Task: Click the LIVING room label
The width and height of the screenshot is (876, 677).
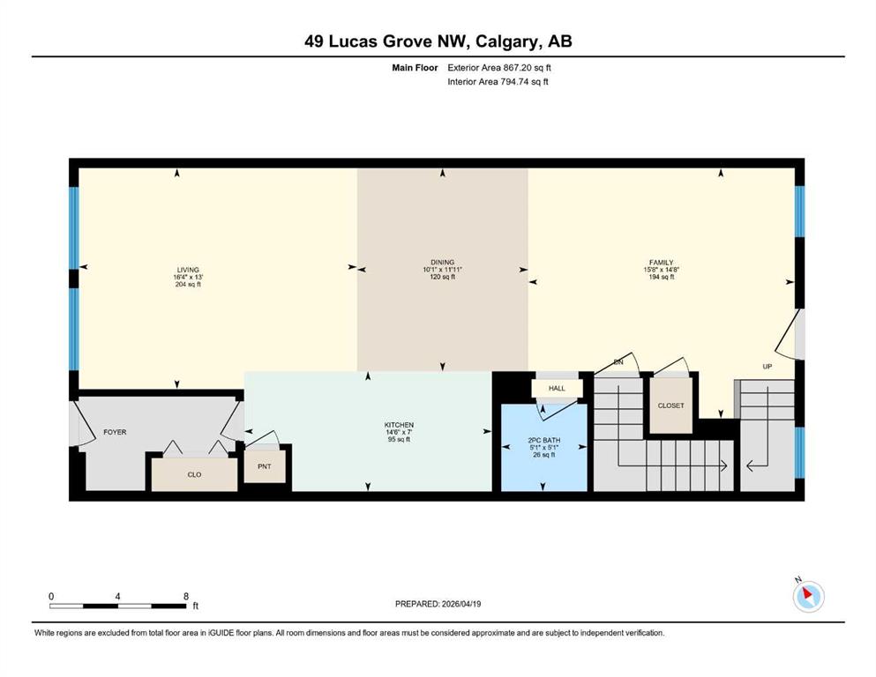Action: click(x=188, y=270)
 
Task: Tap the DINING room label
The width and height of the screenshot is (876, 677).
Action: click(x=443, y=263)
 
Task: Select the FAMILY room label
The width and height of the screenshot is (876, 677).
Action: click(x=662, y=263)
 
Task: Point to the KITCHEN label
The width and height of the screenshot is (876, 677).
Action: click(x=400, y=425)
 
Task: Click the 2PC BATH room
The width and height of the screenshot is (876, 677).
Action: click(x=544, y=448)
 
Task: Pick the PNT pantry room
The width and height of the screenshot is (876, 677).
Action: click(x=265, y=466)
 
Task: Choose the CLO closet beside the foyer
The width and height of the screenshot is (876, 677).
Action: click(x=194, y=474)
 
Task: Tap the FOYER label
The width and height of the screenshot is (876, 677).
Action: click(x=115, y=432)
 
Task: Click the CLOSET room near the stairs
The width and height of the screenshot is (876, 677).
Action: click(x=671, y=405)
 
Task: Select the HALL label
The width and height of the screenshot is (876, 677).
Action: click(x=557, y=389)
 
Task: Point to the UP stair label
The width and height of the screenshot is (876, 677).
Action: click(x=767, y=367)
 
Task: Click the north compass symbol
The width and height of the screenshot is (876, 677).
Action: click(x=808, y=596)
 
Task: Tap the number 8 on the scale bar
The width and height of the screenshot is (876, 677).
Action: click(x=186, y=596)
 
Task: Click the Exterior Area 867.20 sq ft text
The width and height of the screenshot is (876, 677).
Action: click(x=499, y=68)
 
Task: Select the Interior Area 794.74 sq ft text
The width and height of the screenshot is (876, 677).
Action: click(x=498, y=81)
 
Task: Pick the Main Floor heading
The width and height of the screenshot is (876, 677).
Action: click(x=416, y=68)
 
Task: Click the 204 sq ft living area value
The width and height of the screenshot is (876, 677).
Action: click(x=188, y=284)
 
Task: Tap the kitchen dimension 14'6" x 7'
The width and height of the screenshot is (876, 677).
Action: click(x=400, y=432)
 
